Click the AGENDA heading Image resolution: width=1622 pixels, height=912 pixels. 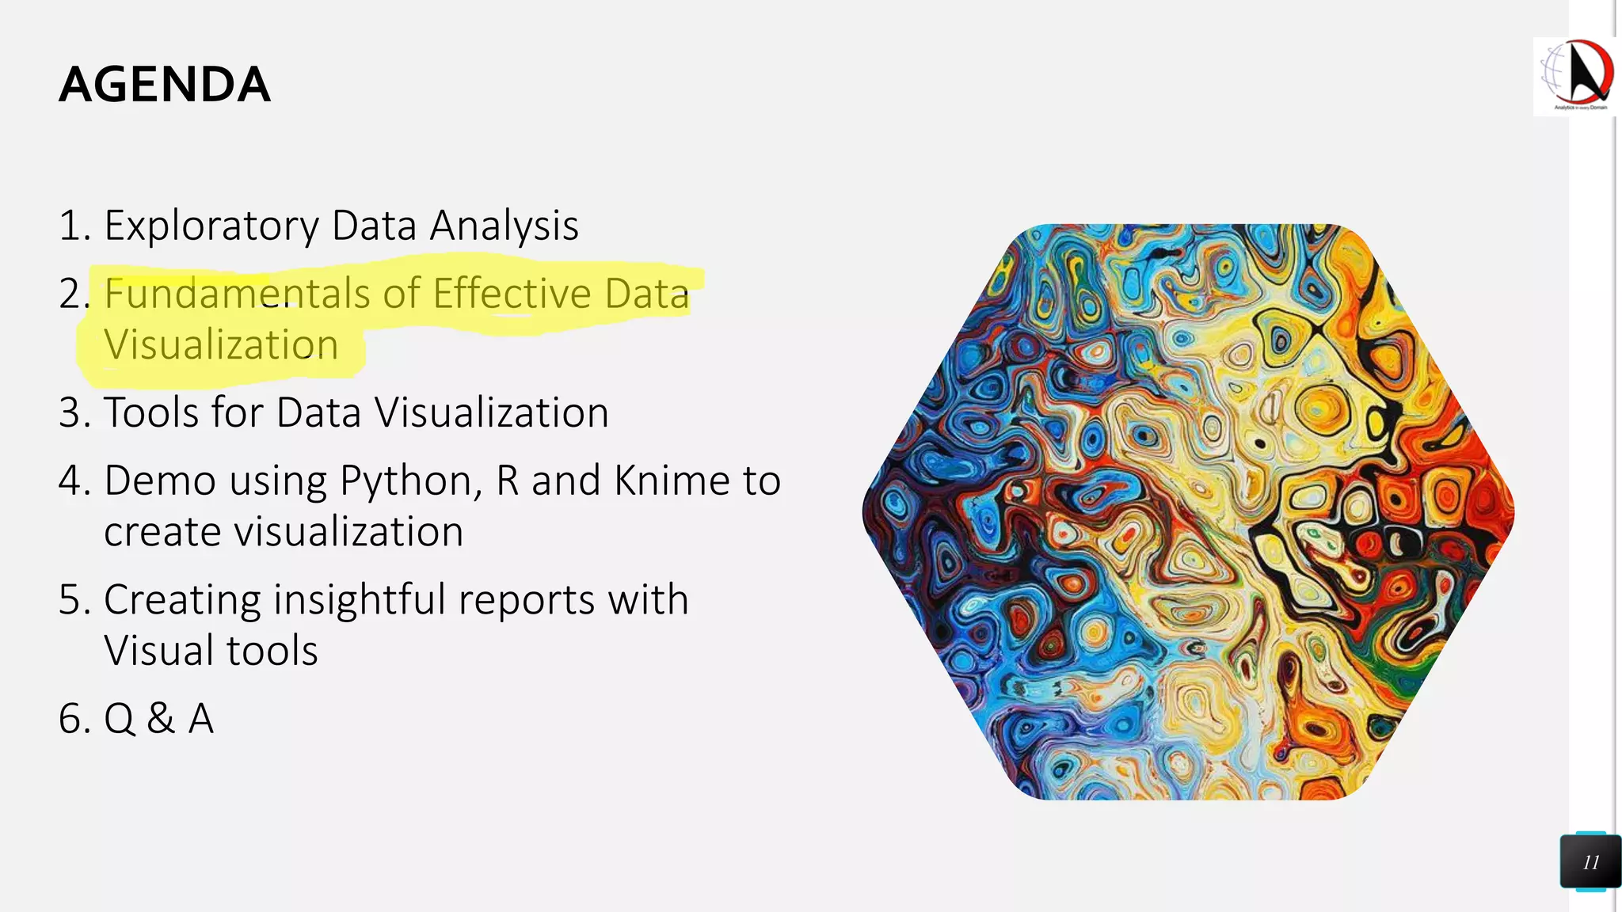[165, 85]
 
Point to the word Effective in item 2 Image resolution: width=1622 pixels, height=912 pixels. [512, 294]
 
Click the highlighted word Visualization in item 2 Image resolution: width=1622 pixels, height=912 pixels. [221, 345]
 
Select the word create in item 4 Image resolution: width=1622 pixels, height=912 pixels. [164, 531]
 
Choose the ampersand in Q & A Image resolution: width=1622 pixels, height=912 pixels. [161, 719]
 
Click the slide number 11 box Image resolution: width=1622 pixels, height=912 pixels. [1590, 861]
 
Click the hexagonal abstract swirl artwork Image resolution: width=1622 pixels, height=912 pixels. [1188, 511]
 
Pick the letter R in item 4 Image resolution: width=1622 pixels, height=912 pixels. [507, 481]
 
